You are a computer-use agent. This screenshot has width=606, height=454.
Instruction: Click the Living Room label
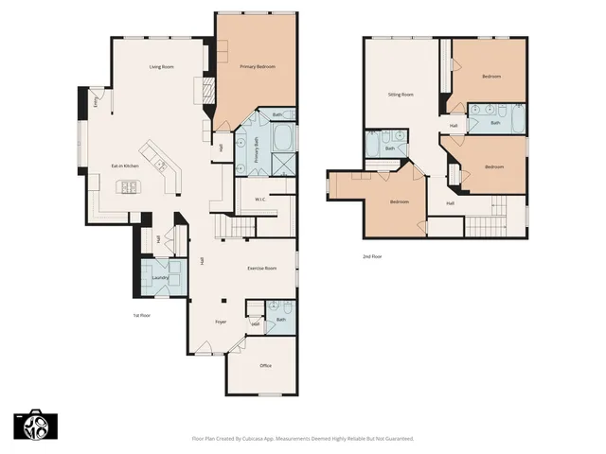[x=160, y=67]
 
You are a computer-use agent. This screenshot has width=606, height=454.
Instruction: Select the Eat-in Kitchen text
[x=126, y=166]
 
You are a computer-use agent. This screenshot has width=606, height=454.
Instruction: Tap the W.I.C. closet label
[x=258, y=199]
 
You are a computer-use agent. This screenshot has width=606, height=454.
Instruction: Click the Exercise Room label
[x=261, y=269]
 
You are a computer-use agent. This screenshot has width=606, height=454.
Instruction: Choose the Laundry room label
[x=161, y=278]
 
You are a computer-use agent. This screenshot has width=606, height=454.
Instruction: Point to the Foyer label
[x=220, y=322]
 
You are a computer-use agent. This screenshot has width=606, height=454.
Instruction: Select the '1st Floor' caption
[x=141, y=315]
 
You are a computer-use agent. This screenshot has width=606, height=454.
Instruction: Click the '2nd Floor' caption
[x=373, y=256]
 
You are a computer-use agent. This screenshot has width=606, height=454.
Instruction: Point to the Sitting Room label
[x=401, y=95]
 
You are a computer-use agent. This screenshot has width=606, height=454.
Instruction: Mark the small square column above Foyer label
[x=224, y=301]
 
